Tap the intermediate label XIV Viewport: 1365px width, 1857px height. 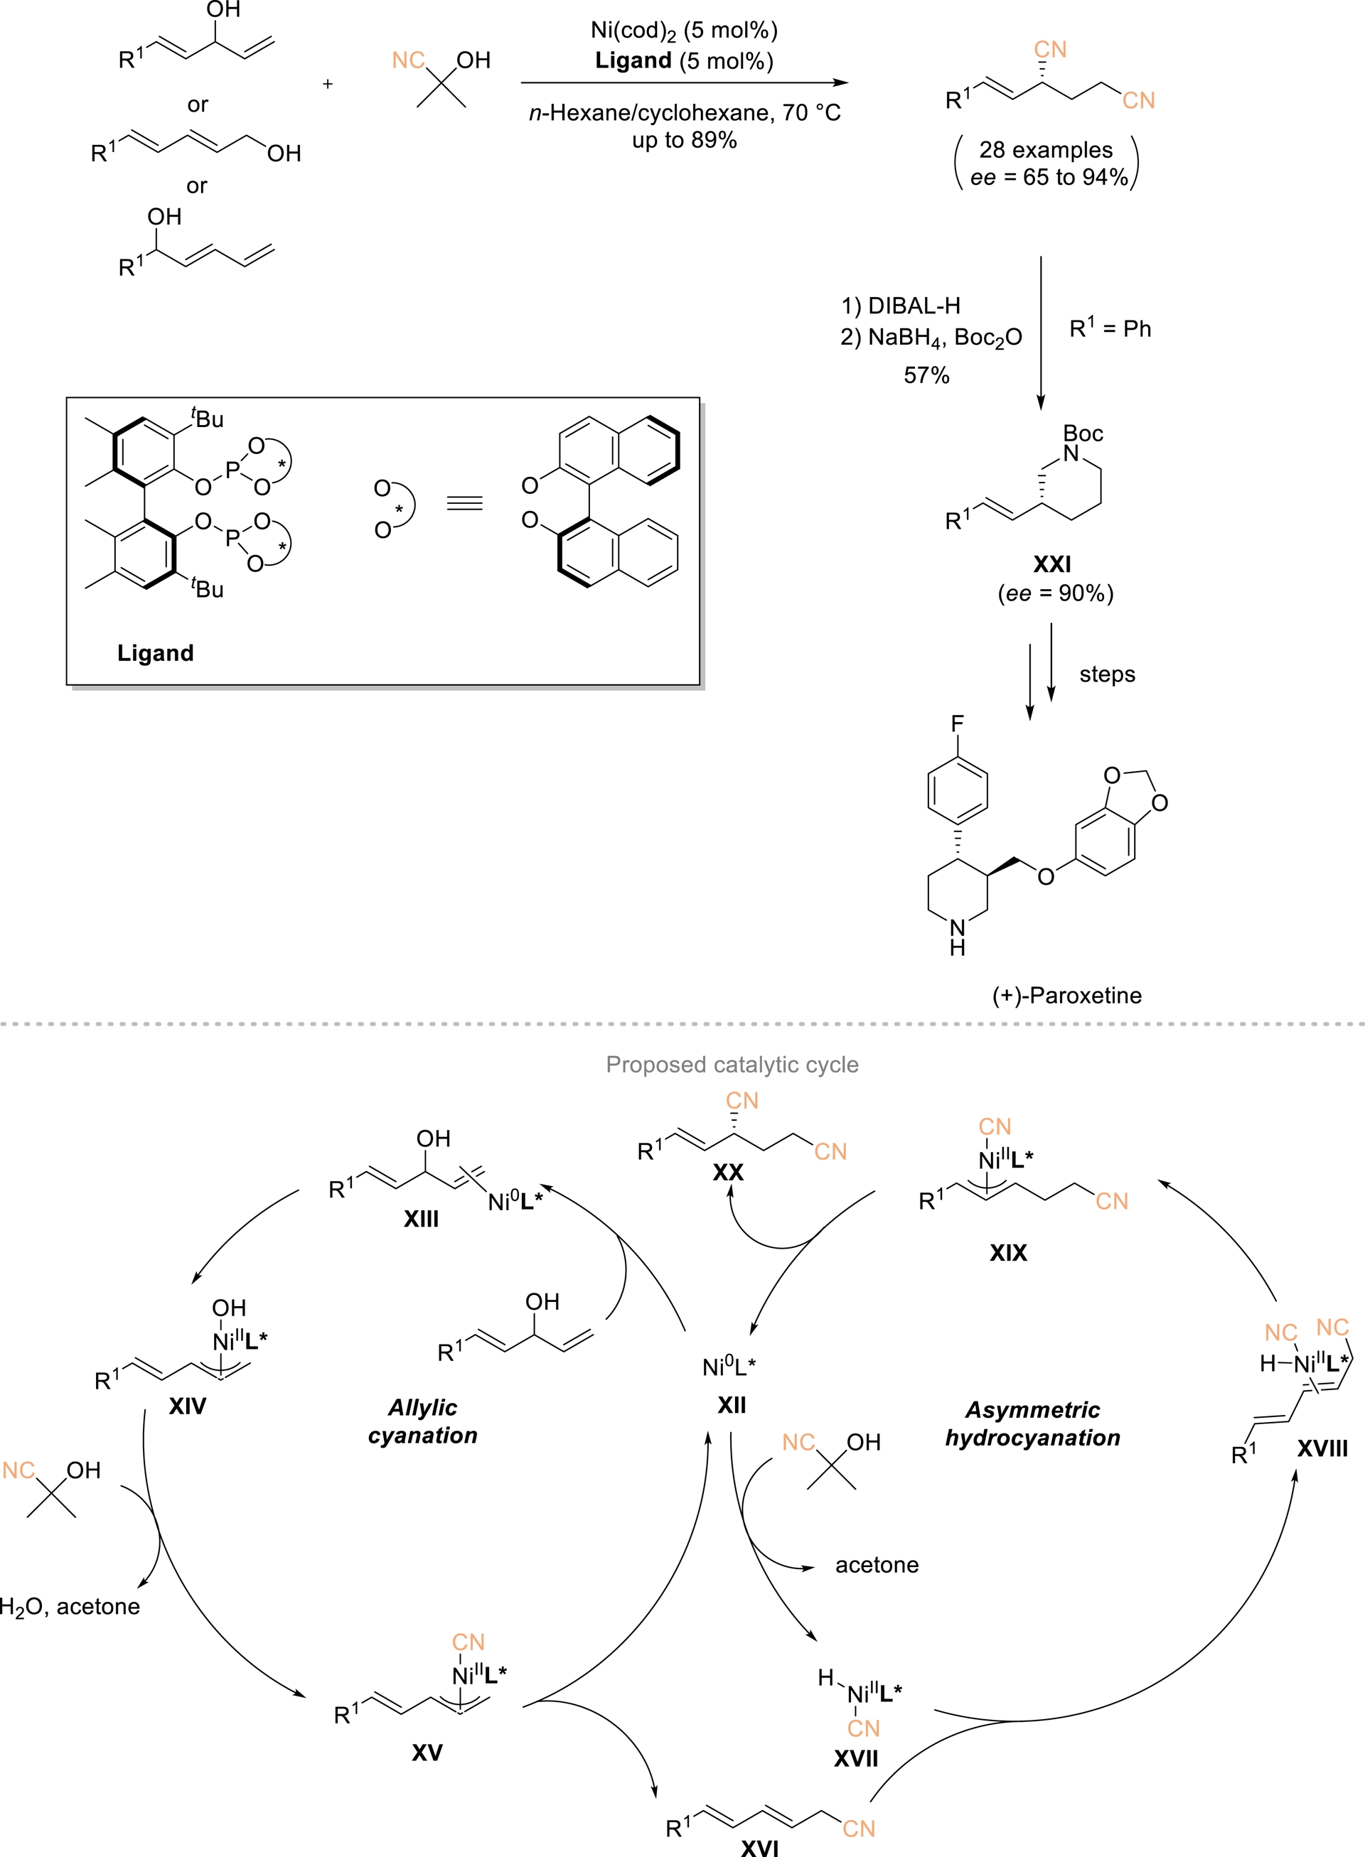(x=188, y=1405)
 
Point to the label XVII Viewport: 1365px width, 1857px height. (x=856, y=1758)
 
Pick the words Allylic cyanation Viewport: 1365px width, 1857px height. (x=422, y=1421)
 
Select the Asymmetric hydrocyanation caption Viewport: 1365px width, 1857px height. (x=1032, y=1423)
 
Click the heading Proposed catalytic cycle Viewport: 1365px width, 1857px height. (x=732, y=1064)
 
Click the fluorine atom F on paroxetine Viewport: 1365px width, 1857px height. (x=957, y=723)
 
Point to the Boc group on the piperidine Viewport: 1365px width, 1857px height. (x=1083, y=434)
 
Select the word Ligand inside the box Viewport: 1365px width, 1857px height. (x=155, y=652)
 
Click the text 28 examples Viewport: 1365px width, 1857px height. (x=1045, y=149)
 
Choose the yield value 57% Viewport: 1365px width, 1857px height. (x=926, y=375)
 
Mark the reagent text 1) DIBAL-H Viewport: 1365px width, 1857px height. (x=901, y=306)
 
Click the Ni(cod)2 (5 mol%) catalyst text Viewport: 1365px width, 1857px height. (x=683, y=31)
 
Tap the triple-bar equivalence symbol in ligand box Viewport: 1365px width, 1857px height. (x=464, y=503)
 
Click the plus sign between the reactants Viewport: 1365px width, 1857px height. (x=327, y=83)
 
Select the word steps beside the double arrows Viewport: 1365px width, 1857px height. (x=1106, y=674)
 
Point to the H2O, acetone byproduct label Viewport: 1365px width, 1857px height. (x=70, y=1606)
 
